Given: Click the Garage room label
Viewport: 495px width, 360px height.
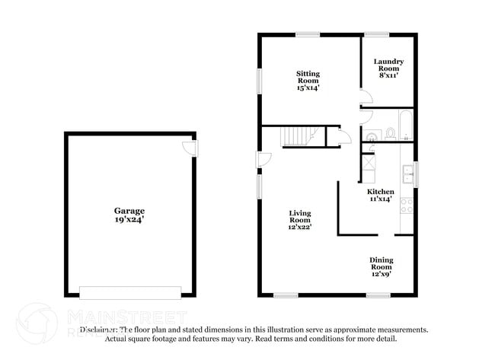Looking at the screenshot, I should tap(129, 211).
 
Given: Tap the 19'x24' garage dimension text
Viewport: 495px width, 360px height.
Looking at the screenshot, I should tap(129, 219).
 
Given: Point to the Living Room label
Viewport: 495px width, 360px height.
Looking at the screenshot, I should tap(299, 217).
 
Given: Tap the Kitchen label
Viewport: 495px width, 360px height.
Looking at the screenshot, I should tap(381, 191).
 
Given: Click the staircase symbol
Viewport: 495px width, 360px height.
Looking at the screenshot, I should tap(298, 136).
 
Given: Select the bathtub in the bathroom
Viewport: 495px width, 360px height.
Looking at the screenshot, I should tap(406, 126).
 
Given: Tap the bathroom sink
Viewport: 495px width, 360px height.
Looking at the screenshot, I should tap(372, 137).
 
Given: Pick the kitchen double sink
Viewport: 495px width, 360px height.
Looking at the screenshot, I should tap(407, 174).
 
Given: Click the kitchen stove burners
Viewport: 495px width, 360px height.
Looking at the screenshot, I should tap(407, 205).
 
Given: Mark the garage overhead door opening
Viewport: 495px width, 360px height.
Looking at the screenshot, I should tap(130, 292).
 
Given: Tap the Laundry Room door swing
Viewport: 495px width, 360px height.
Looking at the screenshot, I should tap(365, 97).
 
